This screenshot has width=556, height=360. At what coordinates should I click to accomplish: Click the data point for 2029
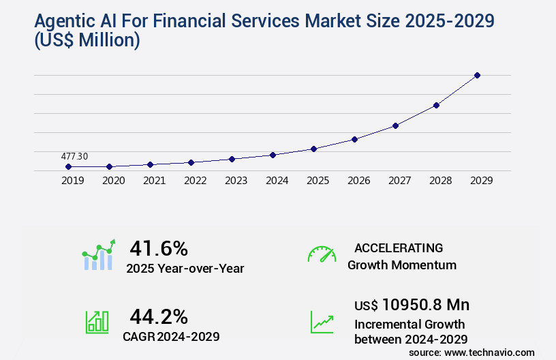pos(477,75)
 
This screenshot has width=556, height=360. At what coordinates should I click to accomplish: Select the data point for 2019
pos(68,166)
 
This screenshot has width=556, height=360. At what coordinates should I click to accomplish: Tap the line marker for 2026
pos(354,139)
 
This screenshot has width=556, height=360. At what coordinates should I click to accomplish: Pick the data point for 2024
pos(273,155)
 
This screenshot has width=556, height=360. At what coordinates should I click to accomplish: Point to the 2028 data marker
pos(436,105)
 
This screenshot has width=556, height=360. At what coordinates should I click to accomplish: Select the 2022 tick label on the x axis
pos(195,181)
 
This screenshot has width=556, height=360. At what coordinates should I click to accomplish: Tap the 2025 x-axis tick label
pos(318,181)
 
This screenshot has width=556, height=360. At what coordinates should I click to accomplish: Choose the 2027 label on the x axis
pos(399,181)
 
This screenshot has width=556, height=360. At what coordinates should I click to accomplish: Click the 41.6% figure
pos(159,248)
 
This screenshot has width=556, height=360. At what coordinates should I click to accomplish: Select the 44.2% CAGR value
pos(159,316)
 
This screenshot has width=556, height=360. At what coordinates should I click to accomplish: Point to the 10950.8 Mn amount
pos(425,304)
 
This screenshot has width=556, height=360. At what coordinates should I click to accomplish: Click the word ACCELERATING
pos(399,248)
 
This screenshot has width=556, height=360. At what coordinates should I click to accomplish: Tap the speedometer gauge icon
pos(322,254)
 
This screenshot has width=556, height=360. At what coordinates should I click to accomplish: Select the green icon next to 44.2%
pos(97,322)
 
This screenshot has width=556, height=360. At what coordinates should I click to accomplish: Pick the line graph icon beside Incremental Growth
pos(322,322)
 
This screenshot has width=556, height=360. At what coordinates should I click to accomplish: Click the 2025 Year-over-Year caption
pos(185,269)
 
